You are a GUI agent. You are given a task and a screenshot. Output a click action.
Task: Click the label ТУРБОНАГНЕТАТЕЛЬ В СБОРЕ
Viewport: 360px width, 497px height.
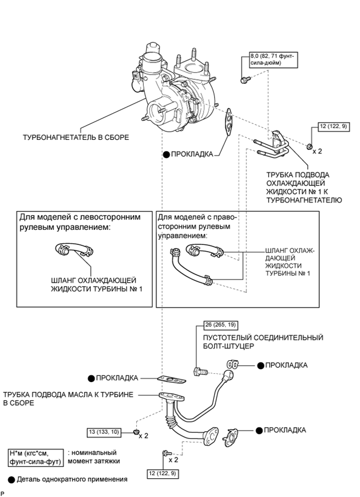tap(75, 138)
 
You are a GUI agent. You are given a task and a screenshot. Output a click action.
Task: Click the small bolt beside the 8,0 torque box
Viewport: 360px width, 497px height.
tap(244, 80)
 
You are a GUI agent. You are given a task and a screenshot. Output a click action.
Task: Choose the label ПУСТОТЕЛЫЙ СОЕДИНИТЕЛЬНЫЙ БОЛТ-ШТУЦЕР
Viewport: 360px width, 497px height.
tap(259, 342)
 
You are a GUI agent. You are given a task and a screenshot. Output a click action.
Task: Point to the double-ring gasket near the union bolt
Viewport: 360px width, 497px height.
tap(233, 364)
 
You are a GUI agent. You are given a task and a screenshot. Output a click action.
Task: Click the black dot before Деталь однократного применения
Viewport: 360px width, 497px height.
tap(13, 479)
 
